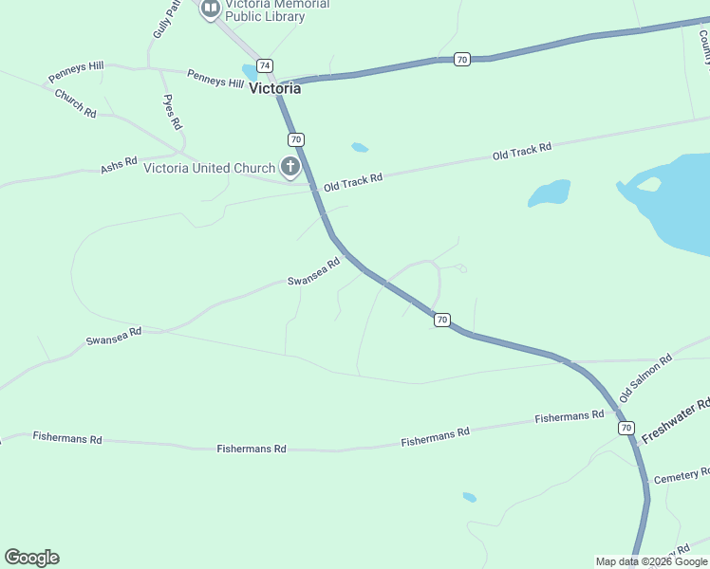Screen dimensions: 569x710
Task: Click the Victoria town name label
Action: [274, 88]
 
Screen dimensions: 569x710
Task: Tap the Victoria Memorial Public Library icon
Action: [210, 9]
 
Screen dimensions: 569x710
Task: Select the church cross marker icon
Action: [290, 168]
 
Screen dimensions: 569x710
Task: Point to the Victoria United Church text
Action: [209, 168]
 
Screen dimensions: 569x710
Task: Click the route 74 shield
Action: [265, 64]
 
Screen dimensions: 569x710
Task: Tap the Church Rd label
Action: [76, 103]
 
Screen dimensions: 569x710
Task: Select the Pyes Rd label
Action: [173, 112]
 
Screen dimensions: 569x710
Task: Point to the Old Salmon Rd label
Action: [645, 376]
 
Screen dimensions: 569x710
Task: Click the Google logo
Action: [31, 558]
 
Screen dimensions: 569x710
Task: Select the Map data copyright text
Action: [651, 561]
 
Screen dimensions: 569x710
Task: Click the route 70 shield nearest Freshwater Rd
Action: [626, 428]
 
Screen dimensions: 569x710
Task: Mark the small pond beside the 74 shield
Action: [250, 71]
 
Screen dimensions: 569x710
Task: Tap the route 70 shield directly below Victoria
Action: [296, 139]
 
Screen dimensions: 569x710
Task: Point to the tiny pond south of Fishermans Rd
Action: [469, 497]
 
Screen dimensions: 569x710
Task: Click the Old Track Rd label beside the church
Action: [352, 182]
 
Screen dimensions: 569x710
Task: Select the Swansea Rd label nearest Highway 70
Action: [313, 273]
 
